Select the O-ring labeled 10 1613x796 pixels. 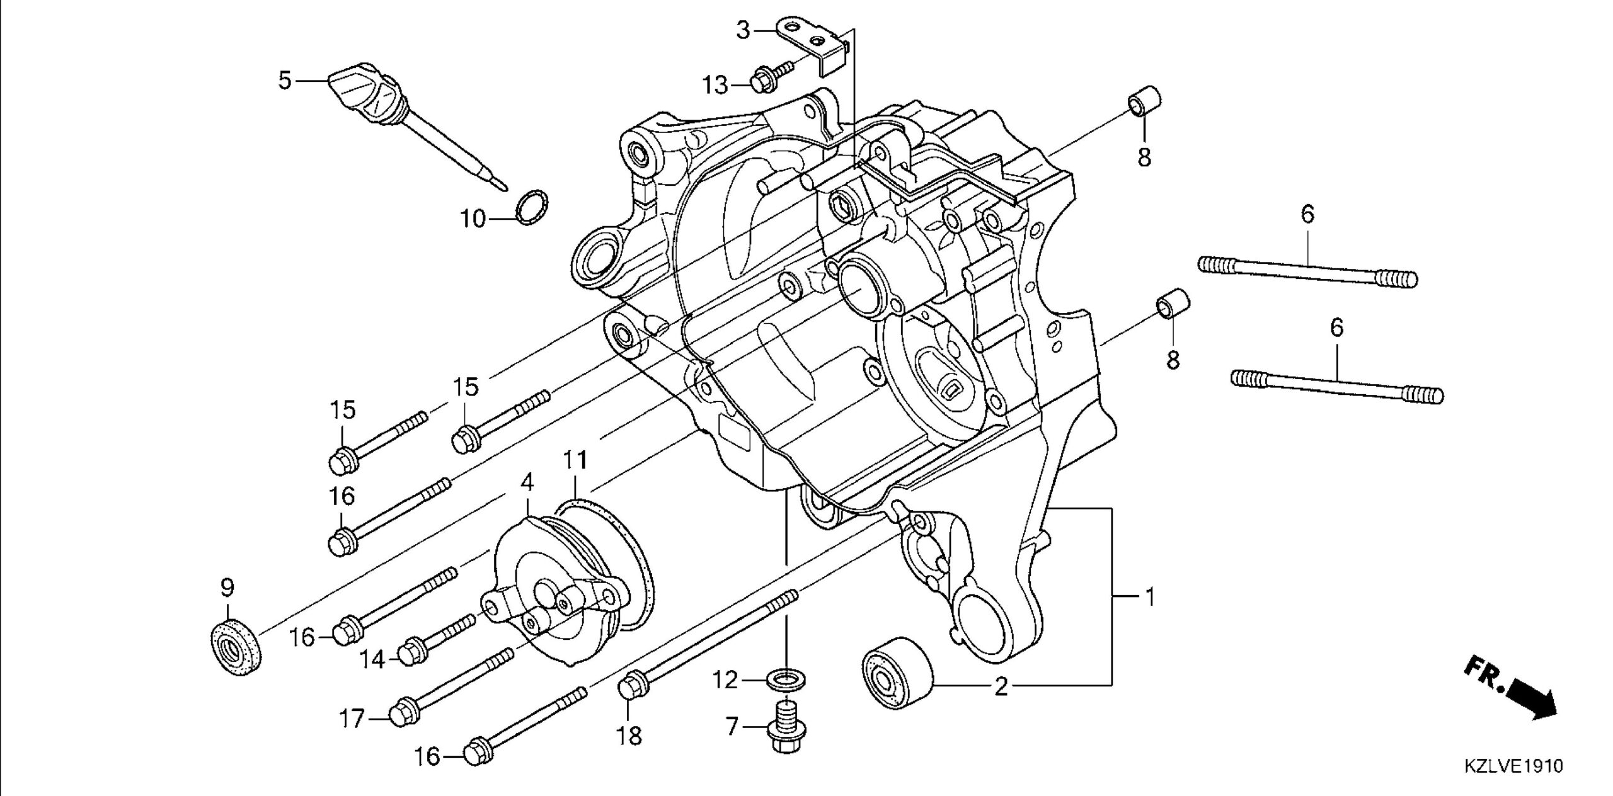coord(532,206)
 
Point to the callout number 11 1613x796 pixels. coord(575,460)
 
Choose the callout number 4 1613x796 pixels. coord(527,482)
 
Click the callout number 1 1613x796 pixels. coord(1149,596)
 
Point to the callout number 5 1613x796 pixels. coord(285,81)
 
